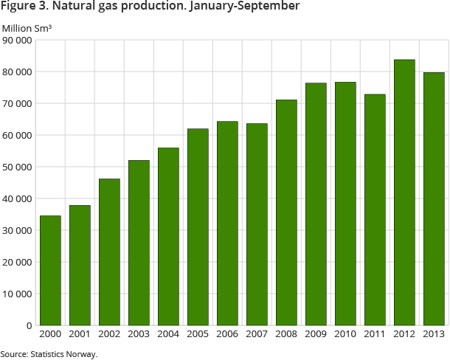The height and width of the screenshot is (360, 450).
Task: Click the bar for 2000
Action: click(x=50, y=270)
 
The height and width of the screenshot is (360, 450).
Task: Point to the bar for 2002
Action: click(x=109, y=252)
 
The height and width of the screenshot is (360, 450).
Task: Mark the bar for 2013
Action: click(x=434, y=198)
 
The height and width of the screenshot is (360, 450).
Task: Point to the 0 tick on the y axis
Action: click(x=29, y=325)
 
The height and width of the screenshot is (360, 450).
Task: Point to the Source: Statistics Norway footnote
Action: click(x=48, y=354)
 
